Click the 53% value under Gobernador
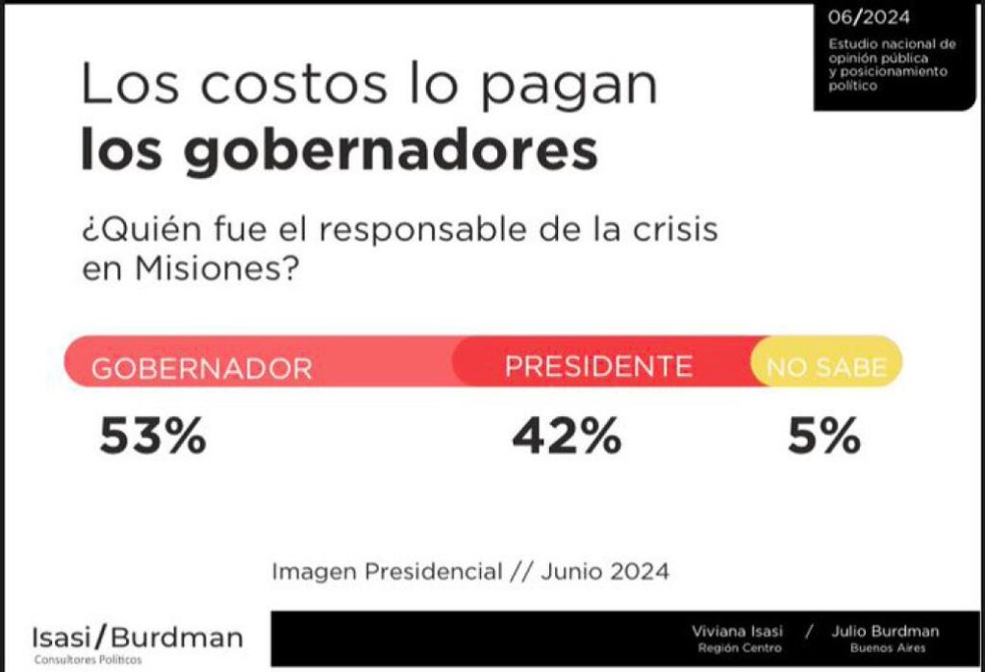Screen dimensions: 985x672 (153, 436)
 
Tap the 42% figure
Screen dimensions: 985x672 (567, 436)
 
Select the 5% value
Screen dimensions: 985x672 (824, 436)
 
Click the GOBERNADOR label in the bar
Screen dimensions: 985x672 (202, 368)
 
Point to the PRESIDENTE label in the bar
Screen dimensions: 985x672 (598, 366)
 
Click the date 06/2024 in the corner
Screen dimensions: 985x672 (869, 17)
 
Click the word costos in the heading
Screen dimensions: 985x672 (294, 85)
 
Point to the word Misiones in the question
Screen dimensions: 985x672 (215, 269)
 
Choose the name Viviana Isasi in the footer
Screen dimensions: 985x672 (738, 632)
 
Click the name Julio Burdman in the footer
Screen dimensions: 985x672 (885, 632)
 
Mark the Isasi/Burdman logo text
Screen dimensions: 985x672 (138, 637)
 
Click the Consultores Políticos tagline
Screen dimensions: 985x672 (88, 660)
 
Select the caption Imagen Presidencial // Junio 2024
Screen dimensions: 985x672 (470, 571)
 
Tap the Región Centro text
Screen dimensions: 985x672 (740, 648)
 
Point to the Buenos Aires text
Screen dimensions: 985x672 (888, 648)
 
